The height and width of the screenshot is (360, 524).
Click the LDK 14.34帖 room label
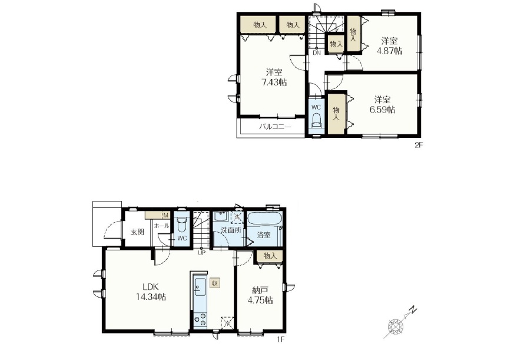(151, 292)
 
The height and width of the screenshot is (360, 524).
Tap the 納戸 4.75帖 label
(260, 295)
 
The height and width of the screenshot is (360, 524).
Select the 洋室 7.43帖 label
(274, 77)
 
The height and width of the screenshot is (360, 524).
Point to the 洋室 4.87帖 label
(389, 46)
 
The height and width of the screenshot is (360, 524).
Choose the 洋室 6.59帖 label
(382, 105)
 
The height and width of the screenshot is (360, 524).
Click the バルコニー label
(275, 127)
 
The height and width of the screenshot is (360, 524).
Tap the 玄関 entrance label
(137, 232)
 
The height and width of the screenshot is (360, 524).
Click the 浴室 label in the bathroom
(264, 235)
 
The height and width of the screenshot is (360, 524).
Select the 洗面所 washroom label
(231, 230)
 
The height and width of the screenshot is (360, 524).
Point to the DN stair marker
(317, 52)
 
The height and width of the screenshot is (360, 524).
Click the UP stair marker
(201, 253)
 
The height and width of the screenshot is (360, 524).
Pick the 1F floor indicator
(280, 340)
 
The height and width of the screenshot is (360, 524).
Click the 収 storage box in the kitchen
(215, 283)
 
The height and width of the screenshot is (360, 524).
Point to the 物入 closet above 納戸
(270, 256)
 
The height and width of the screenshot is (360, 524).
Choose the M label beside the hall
(166, 215)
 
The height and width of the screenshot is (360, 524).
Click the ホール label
(161, 226)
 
